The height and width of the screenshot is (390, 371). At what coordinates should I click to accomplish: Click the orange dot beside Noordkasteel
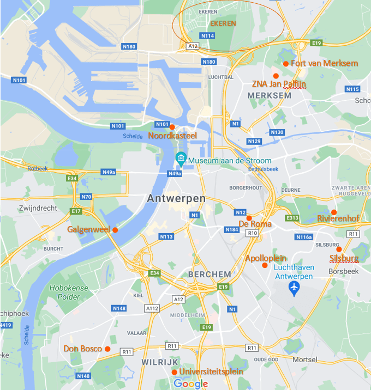[x=172, y=127]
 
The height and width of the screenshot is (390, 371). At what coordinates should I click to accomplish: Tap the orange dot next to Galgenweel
[x=115, y=230]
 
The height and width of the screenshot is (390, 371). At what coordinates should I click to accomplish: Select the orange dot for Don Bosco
[x=107, y=349]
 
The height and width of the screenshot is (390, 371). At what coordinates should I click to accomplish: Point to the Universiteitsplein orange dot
[x=174, y=372]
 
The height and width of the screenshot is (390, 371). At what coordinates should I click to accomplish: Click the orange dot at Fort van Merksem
[x=286, y=64]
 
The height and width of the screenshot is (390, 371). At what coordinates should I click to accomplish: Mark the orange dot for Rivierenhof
[x=334, y=212]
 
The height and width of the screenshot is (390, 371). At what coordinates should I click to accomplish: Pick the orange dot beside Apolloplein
[x=265, y=265]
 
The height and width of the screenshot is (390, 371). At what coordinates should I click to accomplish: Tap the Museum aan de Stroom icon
[x=181, y=160]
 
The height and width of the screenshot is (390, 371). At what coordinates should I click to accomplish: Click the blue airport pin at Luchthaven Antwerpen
[x=295, y=289]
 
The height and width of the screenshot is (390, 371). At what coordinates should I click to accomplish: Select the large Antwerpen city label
[x=176, y=199]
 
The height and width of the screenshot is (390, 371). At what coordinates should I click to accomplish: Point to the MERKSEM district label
[x=269, y=95]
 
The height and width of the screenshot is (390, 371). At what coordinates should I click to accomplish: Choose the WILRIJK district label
[x=160, y=362]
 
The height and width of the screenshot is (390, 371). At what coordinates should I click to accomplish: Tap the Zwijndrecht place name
[x=38, y=208]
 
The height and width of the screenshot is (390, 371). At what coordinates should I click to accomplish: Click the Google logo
[x=190, y=384]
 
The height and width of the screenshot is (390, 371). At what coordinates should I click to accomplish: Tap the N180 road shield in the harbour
[x=129, y=46]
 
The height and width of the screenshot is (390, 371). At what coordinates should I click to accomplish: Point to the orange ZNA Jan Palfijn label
[x=279, y=84]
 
